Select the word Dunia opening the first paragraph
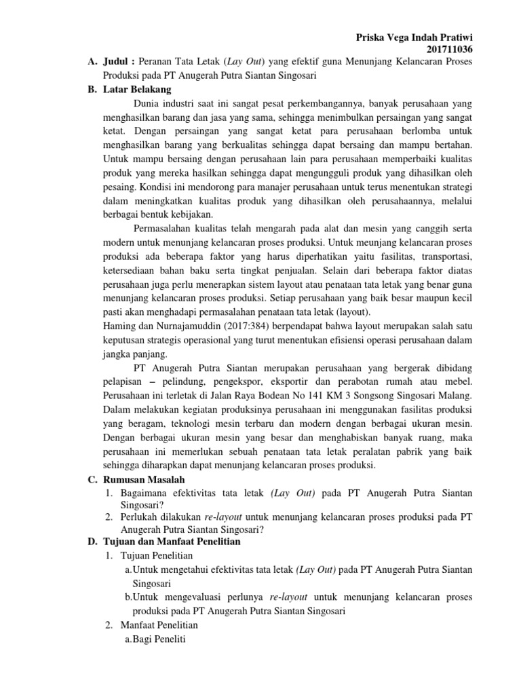click(149, 104)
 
